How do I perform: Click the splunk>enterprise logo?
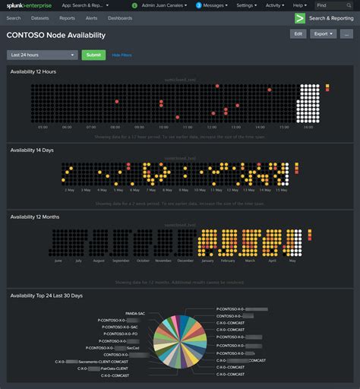(x=27, y=5)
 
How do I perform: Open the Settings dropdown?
(x=246, y=5)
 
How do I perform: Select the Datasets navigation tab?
(x=40, y=17)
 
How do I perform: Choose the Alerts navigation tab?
(x=91, y=17)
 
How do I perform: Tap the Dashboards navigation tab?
(x=119, y=17)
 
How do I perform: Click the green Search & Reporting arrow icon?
(x=300, y=17)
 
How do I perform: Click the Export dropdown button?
(x=323, y=34)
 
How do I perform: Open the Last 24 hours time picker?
(x=42, y=55)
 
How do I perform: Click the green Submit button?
(x=93, y=55)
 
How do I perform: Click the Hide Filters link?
(x=122, y=55)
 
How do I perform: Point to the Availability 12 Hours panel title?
(x=33, y=71)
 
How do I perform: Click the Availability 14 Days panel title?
(x=32, y=150)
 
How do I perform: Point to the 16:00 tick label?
(x=308, y=128)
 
